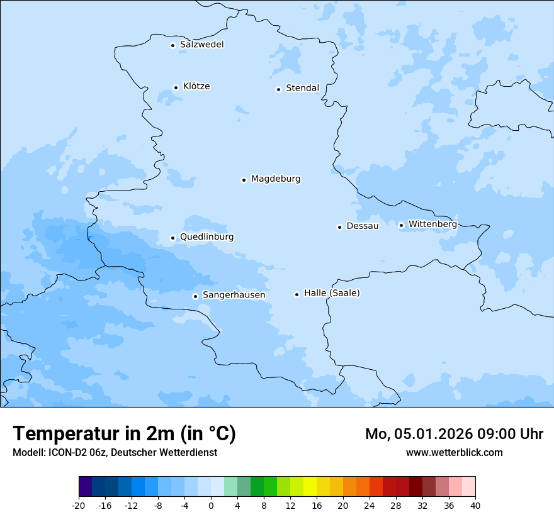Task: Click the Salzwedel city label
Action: click(x=201, y=45)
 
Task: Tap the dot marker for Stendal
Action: click(x=278, y=89)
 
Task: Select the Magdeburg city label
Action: click(x=276, y=179)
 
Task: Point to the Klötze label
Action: click(x=196, y=87)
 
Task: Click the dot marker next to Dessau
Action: click(x=339, y=227)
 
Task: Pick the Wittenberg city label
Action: click(x=432, y=225)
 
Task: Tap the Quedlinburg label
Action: click(x=206, y=237)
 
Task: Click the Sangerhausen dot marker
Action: click(x=195, y=296)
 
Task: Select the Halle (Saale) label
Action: click(x=332, y=294)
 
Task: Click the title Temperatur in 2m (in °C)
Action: click(x=124, y=434)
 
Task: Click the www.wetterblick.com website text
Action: click(x=454, y=453)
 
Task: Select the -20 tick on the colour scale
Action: click(x=79, y=505)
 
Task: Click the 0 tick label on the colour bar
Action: click(x=211, y=505)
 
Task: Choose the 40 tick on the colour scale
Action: click(x=475, y=505)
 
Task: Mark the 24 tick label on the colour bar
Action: click(x=370, y=505)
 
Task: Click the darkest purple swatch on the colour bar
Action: click(x=85, y=487)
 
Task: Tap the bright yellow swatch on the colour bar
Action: click(x=310, y=487)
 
